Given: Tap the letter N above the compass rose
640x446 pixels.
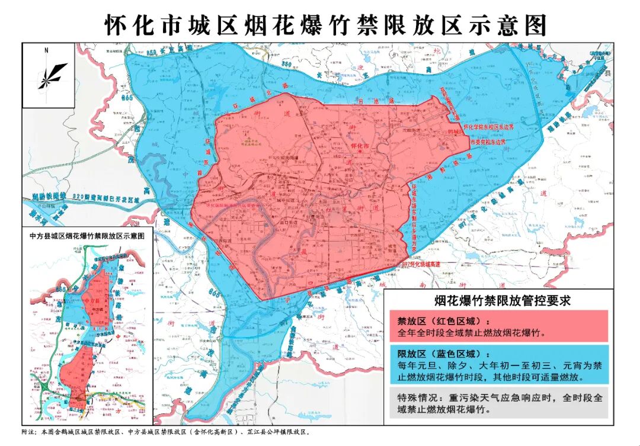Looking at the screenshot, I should click(x=46, y=51).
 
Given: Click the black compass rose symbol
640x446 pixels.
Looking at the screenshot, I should click(x=52, y=76).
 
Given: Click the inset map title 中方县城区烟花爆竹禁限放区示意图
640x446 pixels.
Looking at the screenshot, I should click(x=87, y=235).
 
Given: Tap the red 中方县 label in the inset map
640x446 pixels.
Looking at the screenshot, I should click(x=92, y=301).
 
